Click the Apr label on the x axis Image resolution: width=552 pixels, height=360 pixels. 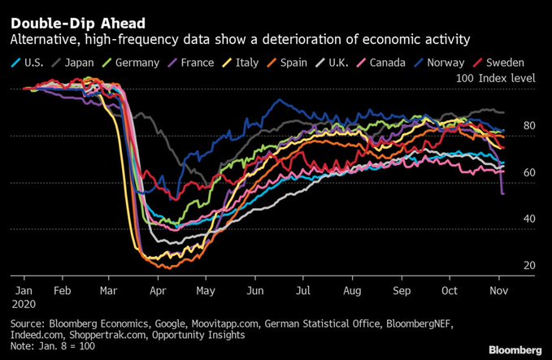159,288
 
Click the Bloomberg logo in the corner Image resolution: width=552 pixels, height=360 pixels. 515,349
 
